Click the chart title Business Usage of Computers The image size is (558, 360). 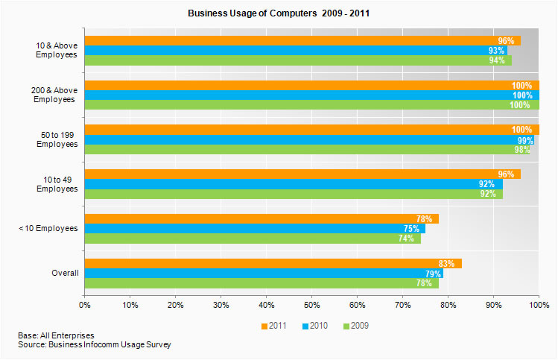coord(279,13)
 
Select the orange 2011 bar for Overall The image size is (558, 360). coord(273,264)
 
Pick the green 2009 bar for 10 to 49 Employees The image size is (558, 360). coord(294,194)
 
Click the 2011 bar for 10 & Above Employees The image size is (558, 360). coord(302,41)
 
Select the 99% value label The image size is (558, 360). coord(525,140)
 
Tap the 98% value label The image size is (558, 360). coord(521,150)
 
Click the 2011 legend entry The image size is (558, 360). coord(275,326)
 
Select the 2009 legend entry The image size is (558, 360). coord(355,326)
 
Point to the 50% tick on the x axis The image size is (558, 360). coord(311,305)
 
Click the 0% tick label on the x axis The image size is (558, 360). coord(84,305)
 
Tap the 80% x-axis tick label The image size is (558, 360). coord(448,305)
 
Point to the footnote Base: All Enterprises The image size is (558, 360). coord(56,336)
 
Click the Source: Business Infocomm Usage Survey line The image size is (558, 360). coord(95,345)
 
